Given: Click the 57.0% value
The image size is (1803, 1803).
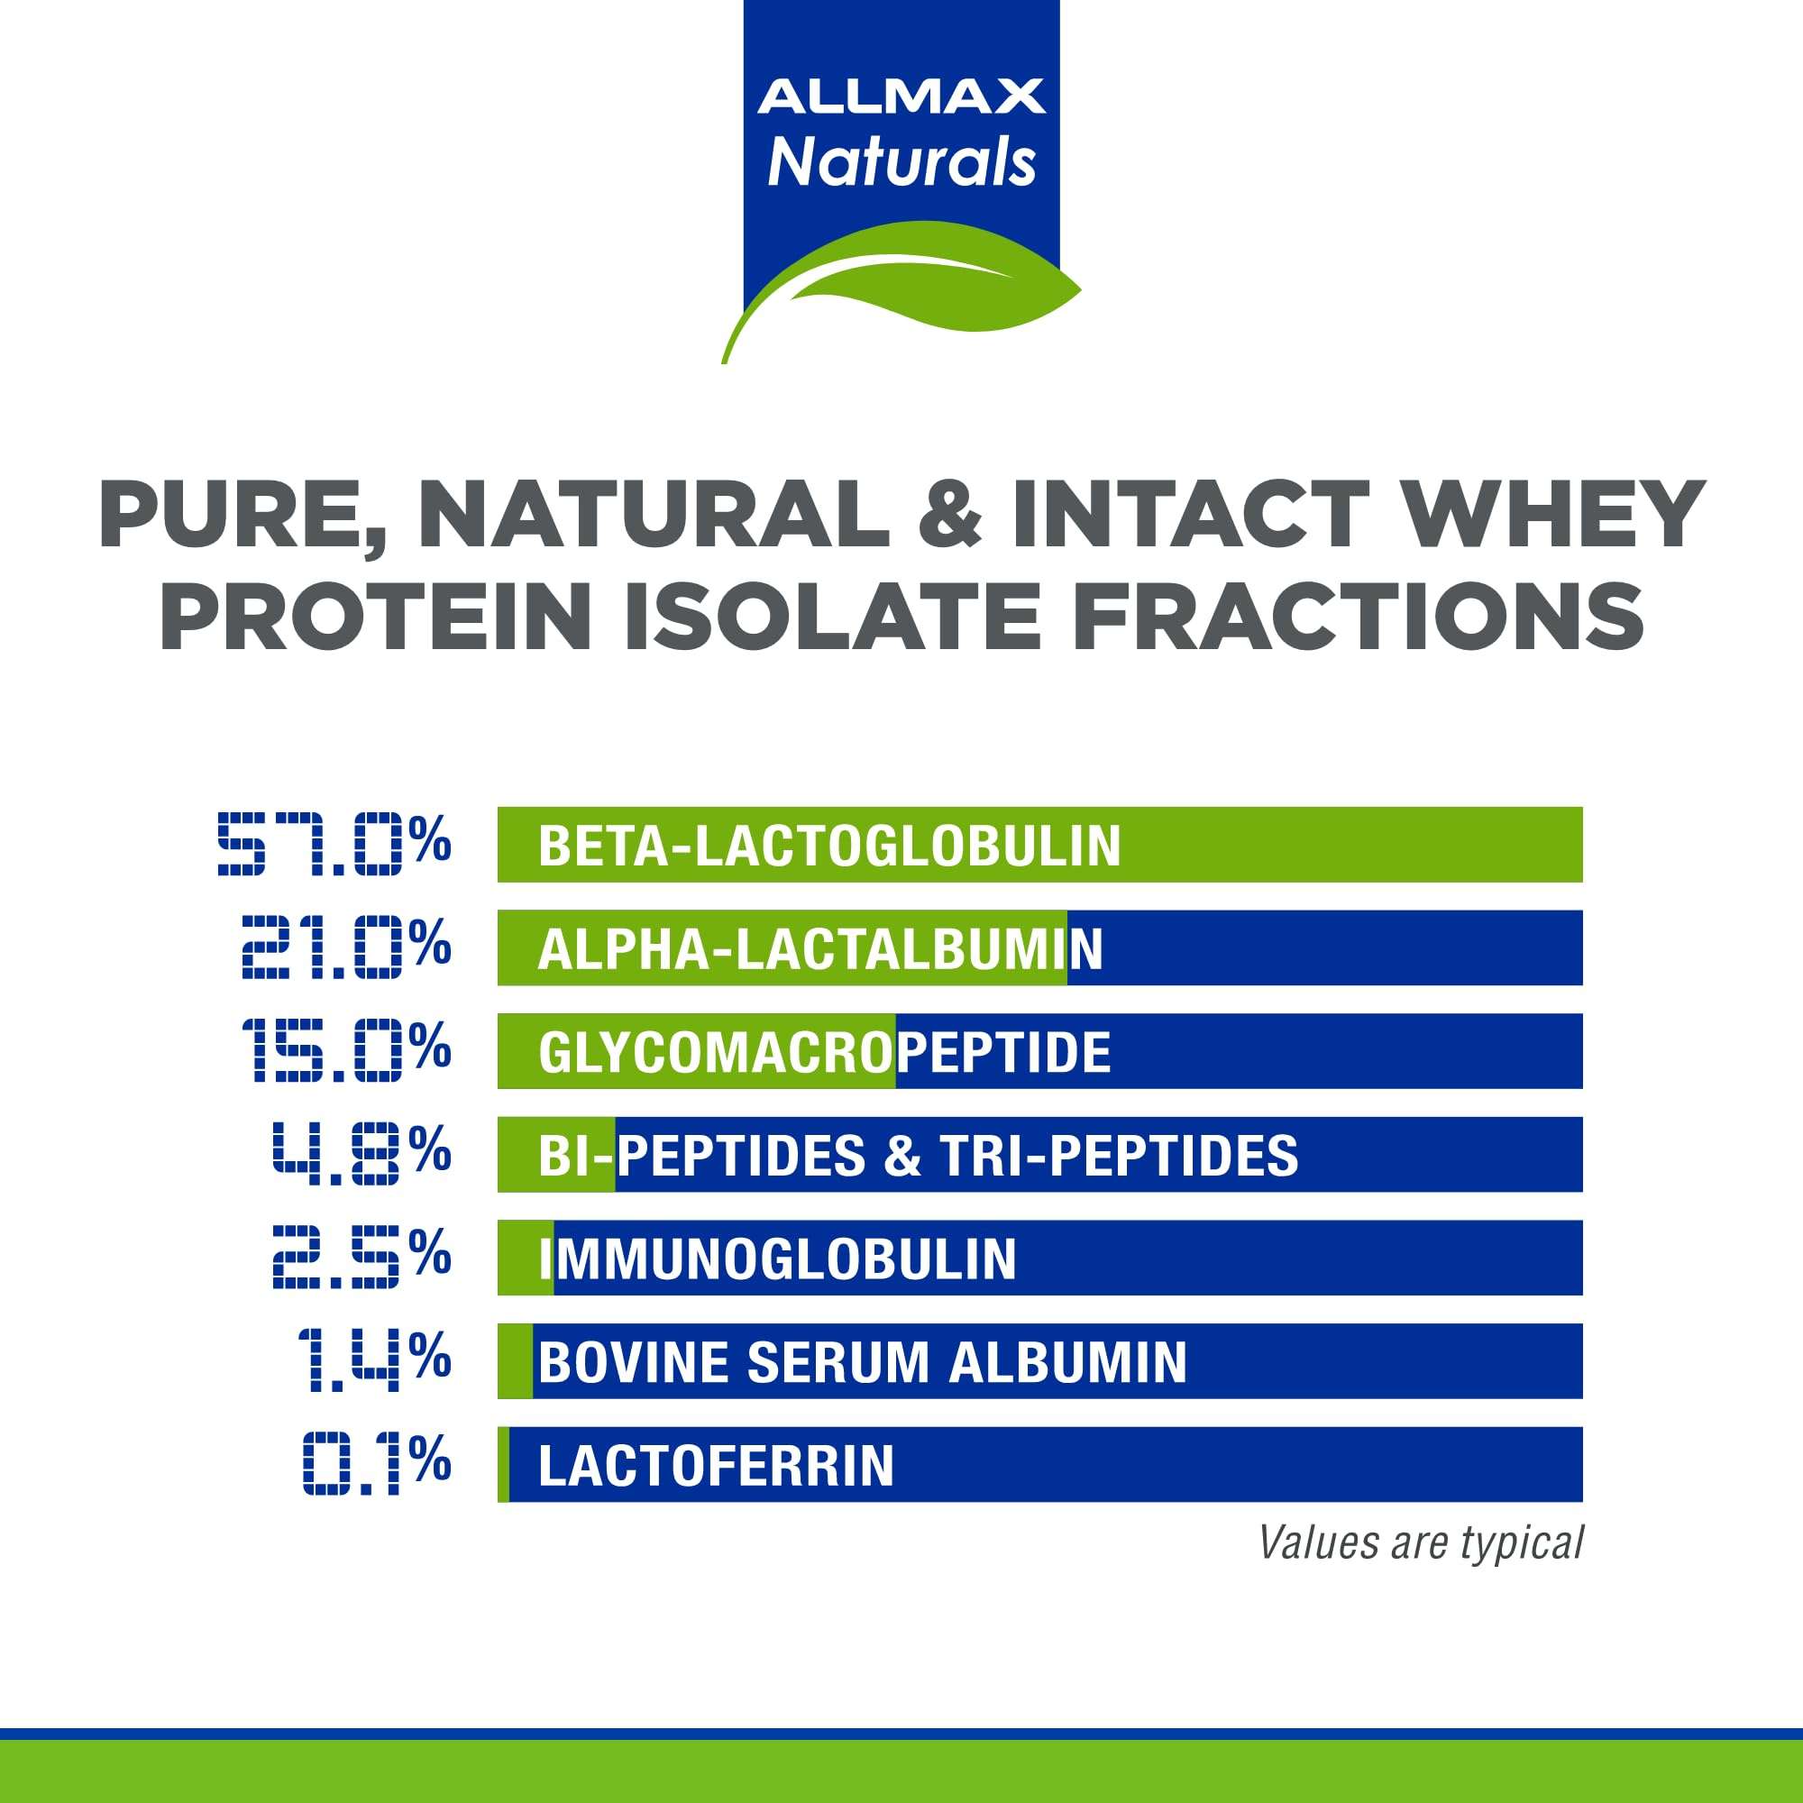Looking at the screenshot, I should coord(334,844).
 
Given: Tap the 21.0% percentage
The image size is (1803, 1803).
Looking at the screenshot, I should coord(346,947).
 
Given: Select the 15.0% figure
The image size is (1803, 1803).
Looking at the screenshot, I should coord(346,1050).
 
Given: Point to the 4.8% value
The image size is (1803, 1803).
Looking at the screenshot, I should coord(362,1154).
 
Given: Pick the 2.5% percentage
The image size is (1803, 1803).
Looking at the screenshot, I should coord(362,1257).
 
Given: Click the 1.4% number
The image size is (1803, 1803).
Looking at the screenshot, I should coord(374,1360).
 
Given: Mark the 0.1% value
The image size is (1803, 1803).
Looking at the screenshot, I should coord(377,1463).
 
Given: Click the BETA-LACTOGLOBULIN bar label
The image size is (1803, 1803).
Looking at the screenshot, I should coord(828,846).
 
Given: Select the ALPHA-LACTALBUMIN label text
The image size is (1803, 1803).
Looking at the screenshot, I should coord(819,949).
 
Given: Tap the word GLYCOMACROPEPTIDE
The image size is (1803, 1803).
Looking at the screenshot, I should coord(824,1053).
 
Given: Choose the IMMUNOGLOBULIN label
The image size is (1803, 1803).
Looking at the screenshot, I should coord(777,1258).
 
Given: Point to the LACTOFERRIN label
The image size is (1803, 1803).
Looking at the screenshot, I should coord(716,1465).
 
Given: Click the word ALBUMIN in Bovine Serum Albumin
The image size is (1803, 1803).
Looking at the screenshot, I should coord(1067,1362).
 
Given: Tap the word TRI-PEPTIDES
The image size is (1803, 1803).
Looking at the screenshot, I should coord(1119,1157).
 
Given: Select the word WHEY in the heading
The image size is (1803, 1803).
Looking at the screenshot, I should coord(1555,514).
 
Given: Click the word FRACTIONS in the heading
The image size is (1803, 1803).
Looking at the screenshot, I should coord(1358,616).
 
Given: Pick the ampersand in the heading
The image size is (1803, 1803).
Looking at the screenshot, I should coord(950,514).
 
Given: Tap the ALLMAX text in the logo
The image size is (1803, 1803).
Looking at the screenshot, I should coord(901,97).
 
